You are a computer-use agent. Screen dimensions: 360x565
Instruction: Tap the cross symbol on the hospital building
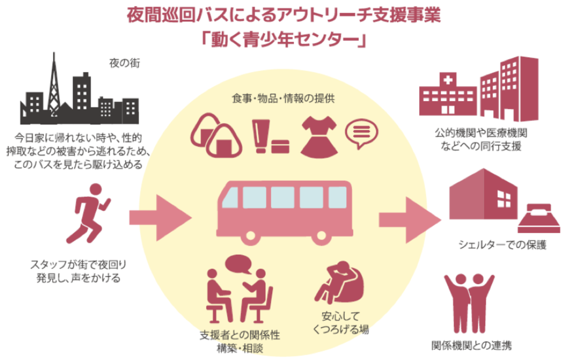point(448,81)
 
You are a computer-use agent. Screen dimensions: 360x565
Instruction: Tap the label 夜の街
point(124,63)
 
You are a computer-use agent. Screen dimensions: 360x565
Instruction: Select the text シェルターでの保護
point(502,245)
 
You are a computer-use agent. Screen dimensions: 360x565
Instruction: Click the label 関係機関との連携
point(471,345)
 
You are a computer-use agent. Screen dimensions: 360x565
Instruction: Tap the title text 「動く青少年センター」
point(282,39)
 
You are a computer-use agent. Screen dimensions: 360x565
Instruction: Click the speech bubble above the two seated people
point(238,264)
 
